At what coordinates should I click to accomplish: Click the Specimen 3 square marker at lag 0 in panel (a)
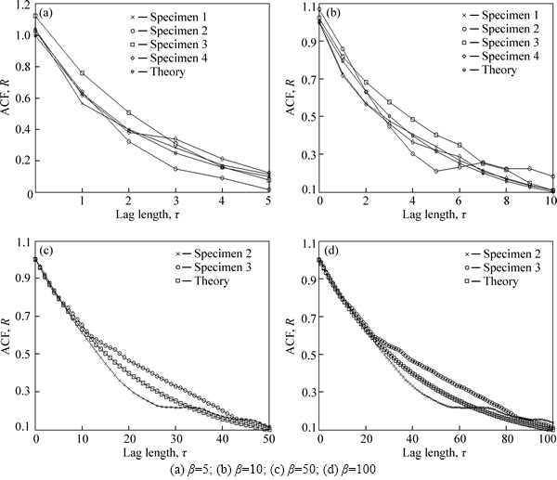coord(35,15)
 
